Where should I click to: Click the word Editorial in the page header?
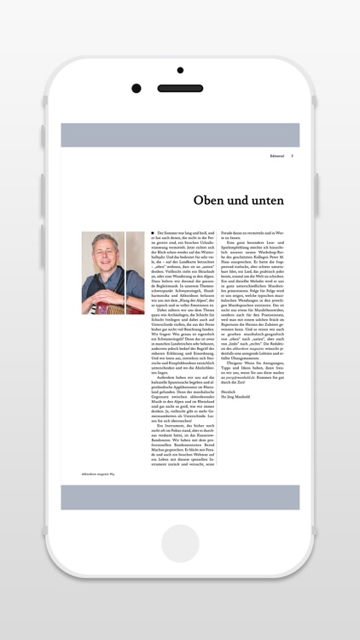click(x=276, y=156)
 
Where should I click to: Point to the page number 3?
click(x=293, y=156)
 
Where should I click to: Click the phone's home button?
click(x=180, y=544)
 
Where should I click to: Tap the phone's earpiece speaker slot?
click(x=180, y=88)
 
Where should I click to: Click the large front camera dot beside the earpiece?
click(x=136, y=88)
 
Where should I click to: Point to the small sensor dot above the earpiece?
click(x=180, y=71)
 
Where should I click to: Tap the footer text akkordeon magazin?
click(x=98, y=473)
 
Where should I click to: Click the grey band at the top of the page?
click(x=180, y=135)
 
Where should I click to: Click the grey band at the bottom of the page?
click(x=180, y=497)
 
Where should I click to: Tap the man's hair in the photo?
click(x=105, y=239)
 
